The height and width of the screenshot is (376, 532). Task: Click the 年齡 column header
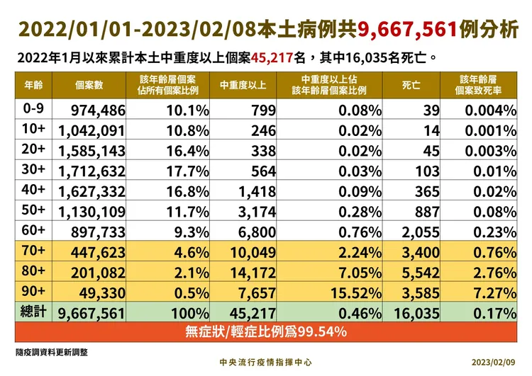point(33,85)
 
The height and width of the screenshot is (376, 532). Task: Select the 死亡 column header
point(411,85)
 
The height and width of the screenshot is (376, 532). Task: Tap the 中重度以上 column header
point(243,85)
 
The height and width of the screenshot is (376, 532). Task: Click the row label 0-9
point(33,108)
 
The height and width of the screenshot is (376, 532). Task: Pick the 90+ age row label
point(33,291)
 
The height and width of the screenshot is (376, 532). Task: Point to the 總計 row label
point(33,312)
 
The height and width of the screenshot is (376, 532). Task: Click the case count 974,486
point(98,110)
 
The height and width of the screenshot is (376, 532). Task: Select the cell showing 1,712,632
point(92,171)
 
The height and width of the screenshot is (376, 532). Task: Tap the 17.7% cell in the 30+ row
point(188,171)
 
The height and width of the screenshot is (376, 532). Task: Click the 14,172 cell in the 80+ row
point(253,273)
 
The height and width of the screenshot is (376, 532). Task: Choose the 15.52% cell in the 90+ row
point(356,293)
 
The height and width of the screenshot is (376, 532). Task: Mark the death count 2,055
point(421,232)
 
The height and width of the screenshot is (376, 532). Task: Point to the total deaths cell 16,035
point(416,313)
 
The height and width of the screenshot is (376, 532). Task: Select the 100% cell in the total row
point(190,313)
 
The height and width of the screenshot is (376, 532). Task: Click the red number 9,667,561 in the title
point(407,30)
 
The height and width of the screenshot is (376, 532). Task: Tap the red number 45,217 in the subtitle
point(272,58)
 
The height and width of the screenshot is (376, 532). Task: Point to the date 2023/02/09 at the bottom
point(493,362)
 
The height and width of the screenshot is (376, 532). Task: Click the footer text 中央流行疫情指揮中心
point(266,362)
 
